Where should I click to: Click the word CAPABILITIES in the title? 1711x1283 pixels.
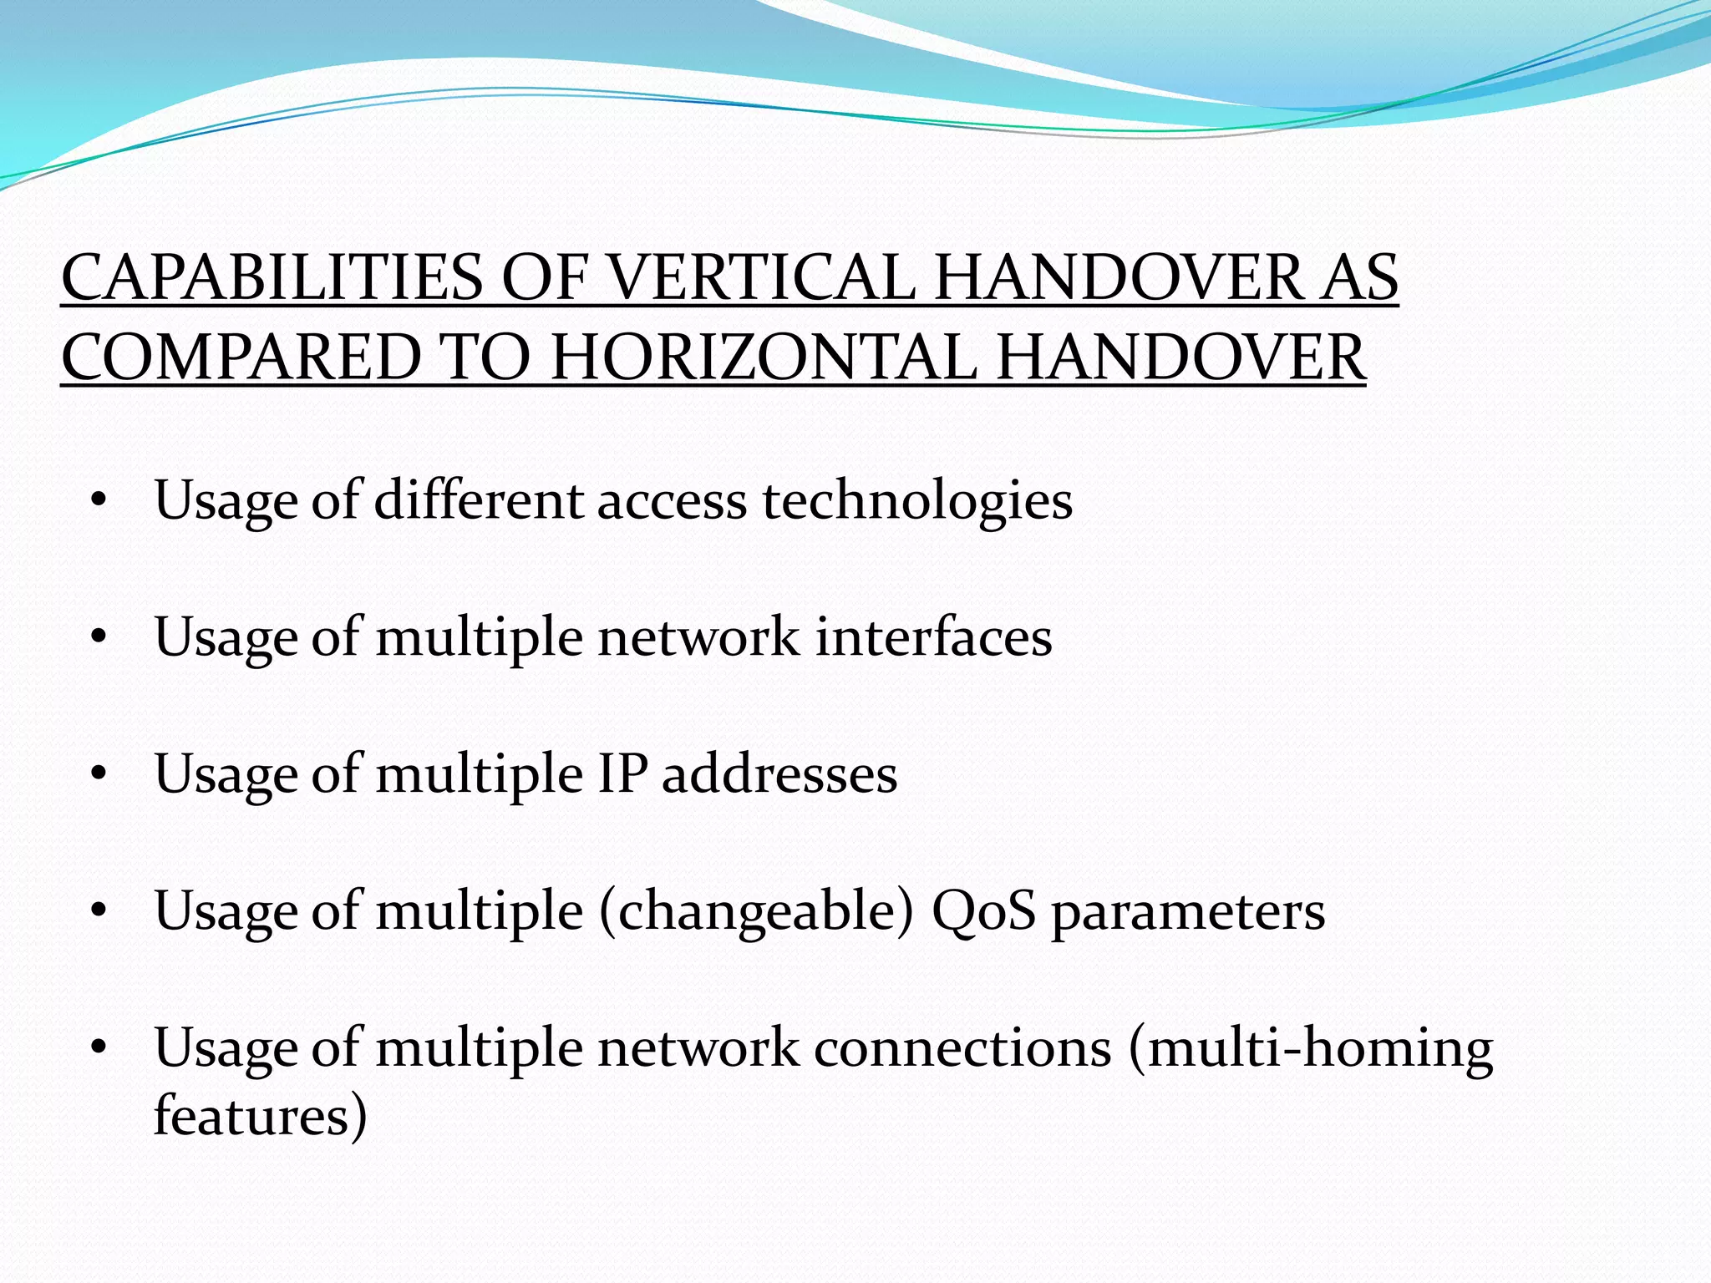pyautogui.click(x=272, y=278)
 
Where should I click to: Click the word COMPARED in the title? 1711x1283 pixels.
pyautogui.click(x=241, y=358)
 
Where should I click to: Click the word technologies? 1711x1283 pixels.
pyautogui.click(x=917, y=501)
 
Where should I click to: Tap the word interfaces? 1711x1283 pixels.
pyautogui.click(x=933, y=638)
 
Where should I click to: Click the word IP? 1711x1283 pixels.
pyautogui.click(x=622, y=774)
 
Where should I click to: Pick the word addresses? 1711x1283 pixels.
pyautogui.click(x=779, y=774)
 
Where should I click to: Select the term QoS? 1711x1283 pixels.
pyautogui.click(x=983, y=911)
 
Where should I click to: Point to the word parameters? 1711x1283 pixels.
pyautogui.click(x=1188, y=911)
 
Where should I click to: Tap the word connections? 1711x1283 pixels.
pyautogui.click(x=962, y=1048)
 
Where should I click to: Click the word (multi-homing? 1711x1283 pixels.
pyautogui.click(x=1310, y=1048)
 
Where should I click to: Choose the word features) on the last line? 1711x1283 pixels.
pyautogui.click(x=260, y=1116)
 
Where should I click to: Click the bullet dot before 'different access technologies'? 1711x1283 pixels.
pyautogui.click(x=99, y=502)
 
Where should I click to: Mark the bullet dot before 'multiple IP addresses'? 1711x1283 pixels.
pyautogui.click(x=99, y=775)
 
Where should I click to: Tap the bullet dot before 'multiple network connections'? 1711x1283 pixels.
pyautogui.click(x=99, y=1048)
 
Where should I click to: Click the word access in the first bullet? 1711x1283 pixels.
pyautogui.click(x=672, y=501)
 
